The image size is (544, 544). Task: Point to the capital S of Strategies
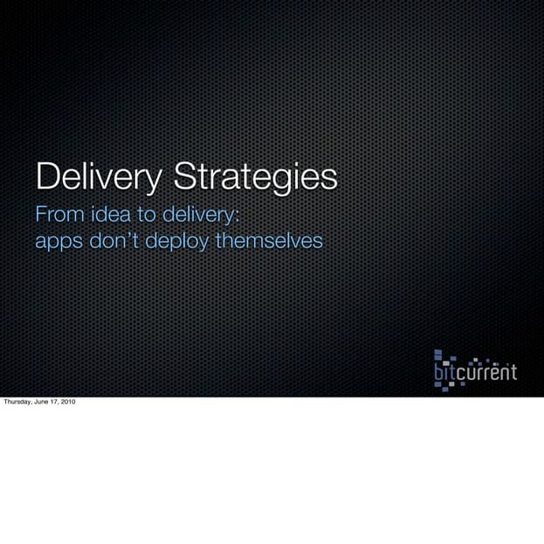pos(185,176)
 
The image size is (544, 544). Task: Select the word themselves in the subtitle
pos(268,240)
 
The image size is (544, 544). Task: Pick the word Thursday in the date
pos(17,403)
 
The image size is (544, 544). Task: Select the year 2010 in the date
pos(67,403)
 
